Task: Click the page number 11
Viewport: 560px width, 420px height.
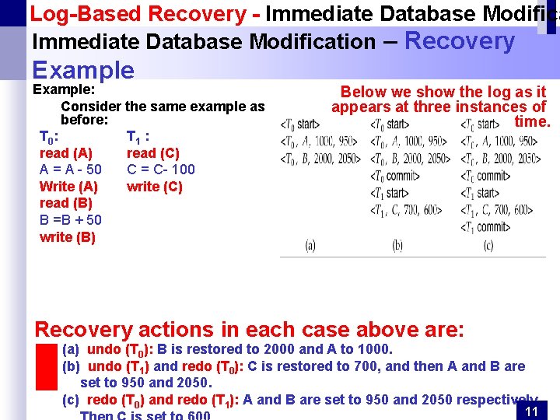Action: coord(533,411)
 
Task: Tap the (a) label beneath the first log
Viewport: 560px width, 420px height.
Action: coord(310,246)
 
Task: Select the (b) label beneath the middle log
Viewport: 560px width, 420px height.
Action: coord(397,246)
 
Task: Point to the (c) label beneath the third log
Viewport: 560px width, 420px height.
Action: coord(488,246)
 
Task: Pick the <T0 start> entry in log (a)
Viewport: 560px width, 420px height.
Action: coord(299,124)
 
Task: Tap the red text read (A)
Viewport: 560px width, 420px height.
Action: coord(66,153)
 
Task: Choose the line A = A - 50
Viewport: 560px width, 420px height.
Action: coord(70,170)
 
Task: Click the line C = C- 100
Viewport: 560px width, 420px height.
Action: coord(161,170)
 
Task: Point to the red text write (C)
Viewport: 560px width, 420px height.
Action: coord(155,187)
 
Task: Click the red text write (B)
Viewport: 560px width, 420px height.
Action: coord(68,237)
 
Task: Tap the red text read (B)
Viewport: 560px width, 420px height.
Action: coord(66,203)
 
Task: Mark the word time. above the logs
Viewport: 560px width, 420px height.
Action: coord(532,122)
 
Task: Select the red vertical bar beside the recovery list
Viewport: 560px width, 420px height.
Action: coord(47,366)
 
